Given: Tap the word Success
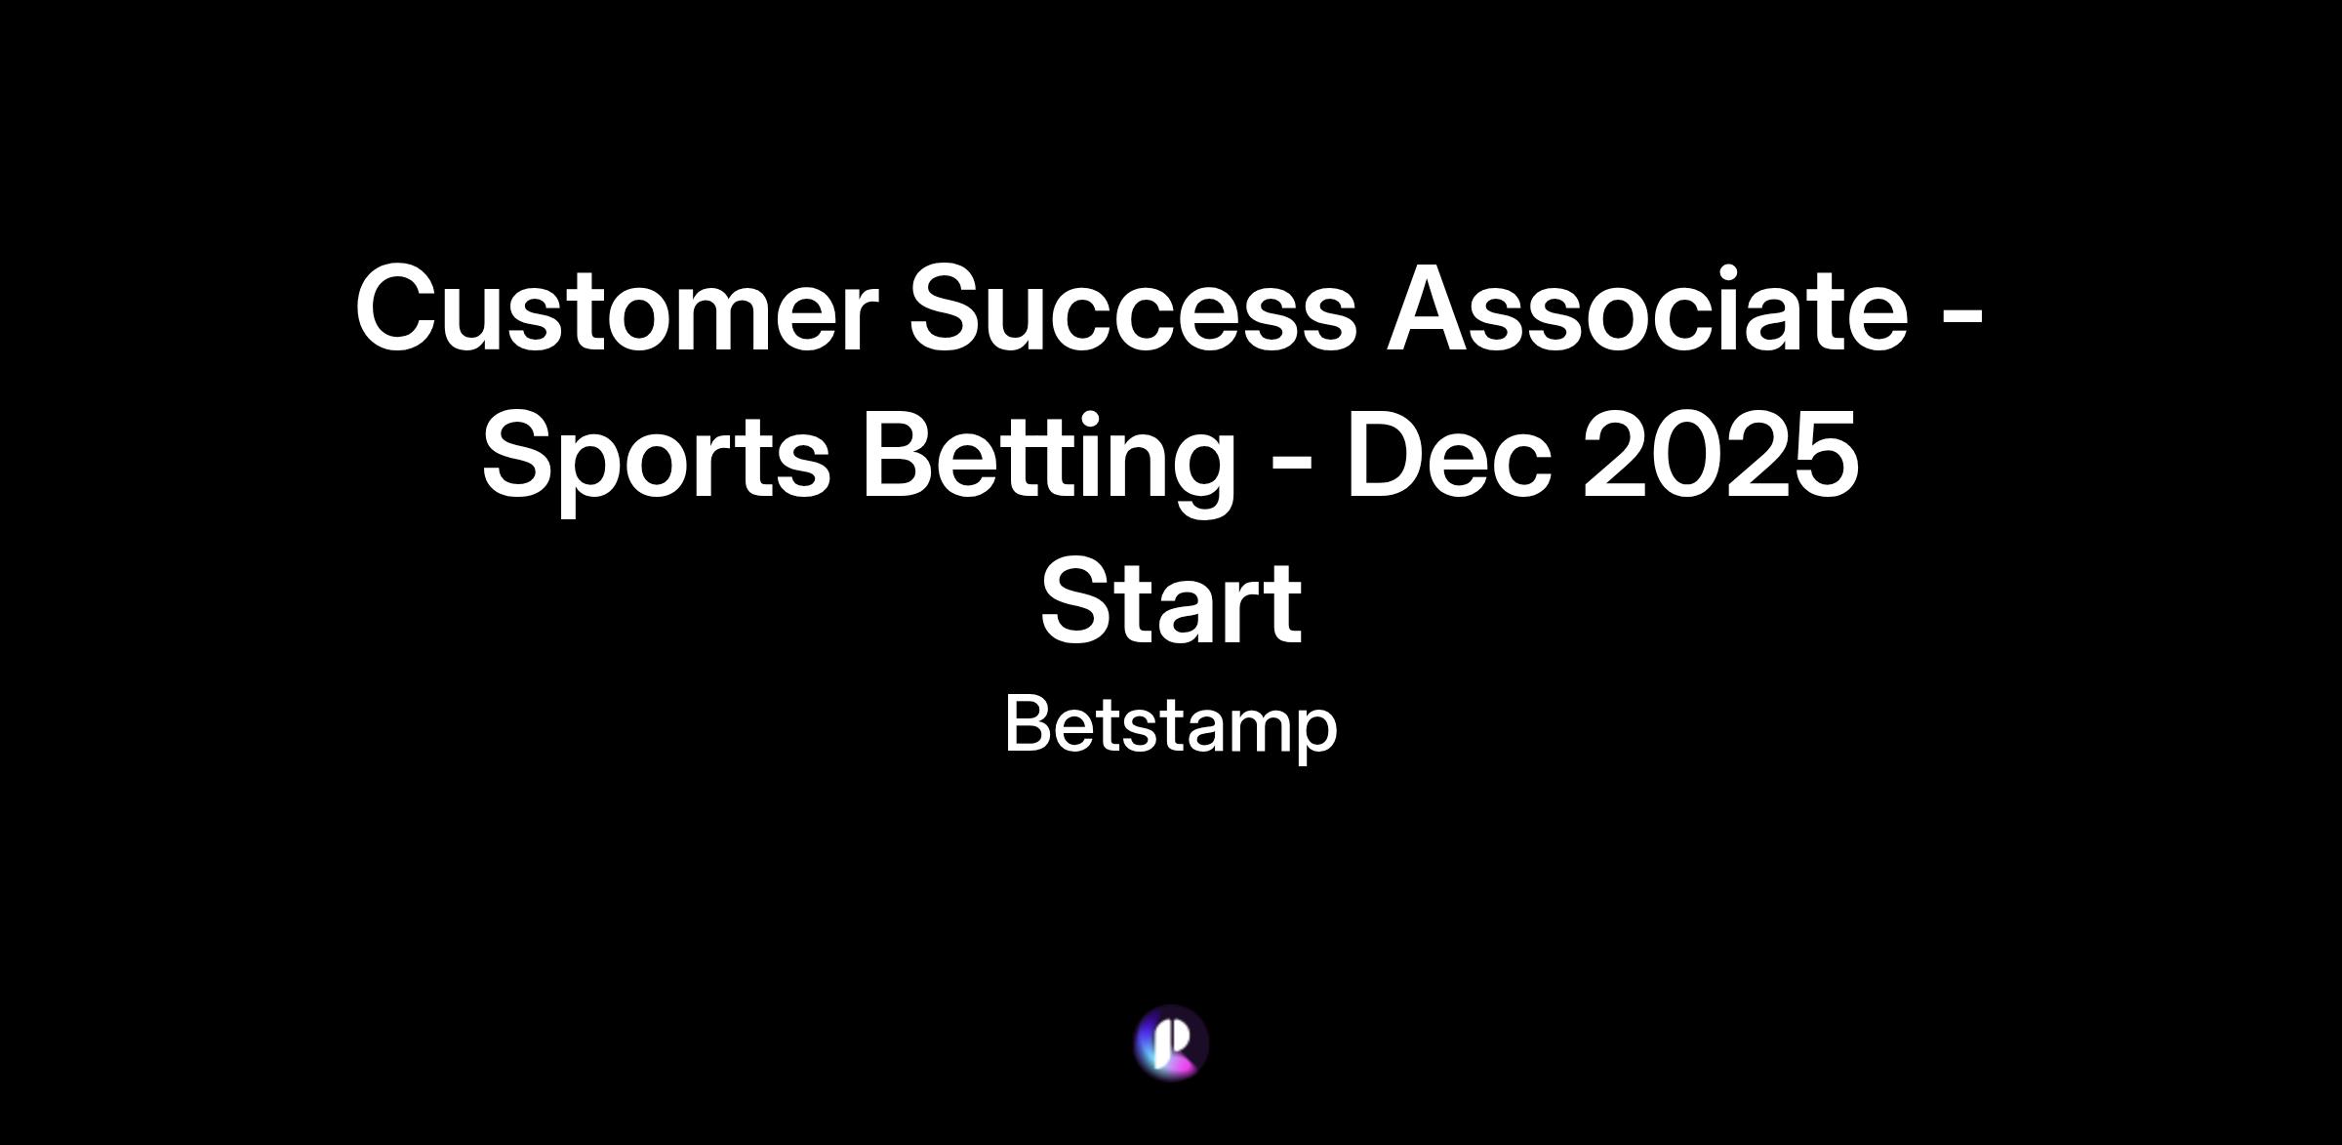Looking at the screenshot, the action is (1133, 307).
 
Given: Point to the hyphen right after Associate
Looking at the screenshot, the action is (1961, 318).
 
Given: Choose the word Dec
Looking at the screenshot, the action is (1449, 453).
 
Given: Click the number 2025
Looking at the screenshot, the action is (1721, 453).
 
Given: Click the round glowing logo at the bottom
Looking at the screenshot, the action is (1171, 1043).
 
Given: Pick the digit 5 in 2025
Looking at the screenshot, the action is (1828, 454).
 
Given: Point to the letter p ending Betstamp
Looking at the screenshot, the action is (1314, 738).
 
